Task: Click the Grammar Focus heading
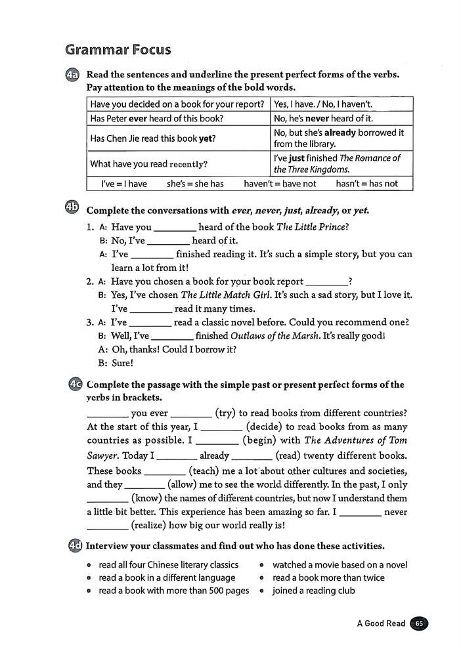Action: (x=118, y=50)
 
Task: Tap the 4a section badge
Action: (x=74, y=75)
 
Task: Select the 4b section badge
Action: (x=73, y=209)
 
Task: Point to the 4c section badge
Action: (x=74, y=385)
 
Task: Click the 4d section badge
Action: (x=74, y=545)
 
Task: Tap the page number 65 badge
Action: (x=419, y=623)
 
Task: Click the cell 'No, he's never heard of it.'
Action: (x=323, y=118)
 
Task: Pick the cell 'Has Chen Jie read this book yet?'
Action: (x=152, y=138)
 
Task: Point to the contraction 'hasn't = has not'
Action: (x=366, y=184)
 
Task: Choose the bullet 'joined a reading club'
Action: (x=313, y=591)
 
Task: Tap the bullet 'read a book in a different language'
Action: (x=166, y=577)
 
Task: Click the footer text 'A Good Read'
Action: (x=381, y=623)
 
